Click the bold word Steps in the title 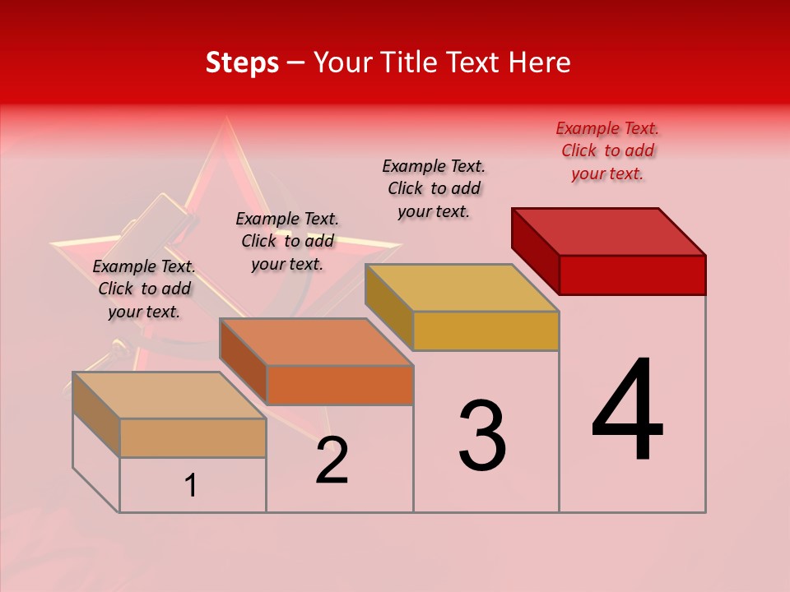click(x=242, y=62)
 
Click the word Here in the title click(x=539, y=62)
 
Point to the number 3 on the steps click(x=482, y=436)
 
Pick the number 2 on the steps click(x=332, y=460)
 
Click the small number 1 click(x=191, y=486)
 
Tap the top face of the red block click(x=609, y=231)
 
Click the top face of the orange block click(x=316, y=341)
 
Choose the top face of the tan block click(x=170, y=395)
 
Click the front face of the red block click(x=632, y=275)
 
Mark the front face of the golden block click(x=486, y=331)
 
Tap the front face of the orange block click(x=340, y=385)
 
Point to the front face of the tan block click(x=193, y=437)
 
